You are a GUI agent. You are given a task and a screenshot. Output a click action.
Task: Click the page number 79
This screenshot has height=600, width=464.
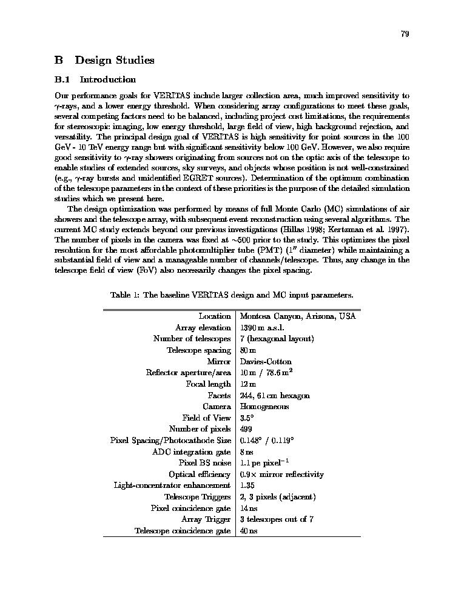click(405, 33)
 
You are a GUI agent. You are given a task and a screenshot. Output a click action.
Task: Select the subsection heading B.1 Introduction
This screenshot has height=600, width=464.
click(95, 79)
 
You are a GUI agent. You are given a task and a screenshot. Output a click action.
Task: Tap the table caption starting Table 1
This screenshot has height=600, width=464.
click(232, 295)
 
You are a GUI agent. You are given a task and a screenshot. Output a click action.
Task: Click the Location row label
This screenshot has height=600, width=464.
click(215, 316)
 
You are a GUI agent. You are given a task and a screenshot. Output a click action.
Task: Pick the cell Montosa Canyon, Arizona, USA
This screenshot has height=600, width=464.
click(298, 316)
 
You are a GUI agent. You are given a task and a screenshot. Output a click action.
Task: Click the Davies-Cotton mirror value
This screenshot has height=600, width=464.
click(266, 362)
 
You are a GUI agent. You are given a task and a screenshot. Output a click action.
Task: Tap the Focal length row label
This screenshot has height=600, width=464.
click(208, 384)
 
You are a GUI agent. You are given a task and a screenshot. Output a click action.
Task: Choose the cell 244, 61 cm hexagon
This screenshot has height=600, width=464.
click(275, 396)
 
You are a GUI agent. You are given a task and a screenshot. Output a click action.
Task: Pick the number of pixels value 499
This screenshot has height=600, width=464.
click(247, 429)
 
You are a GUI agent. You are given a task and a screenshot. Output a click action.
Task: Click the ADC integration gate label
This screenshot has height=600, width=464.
click(191, 452)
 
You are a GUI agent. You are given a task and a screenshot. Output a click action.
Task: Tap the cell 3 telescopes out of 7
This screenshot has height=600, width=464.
click(277, 519)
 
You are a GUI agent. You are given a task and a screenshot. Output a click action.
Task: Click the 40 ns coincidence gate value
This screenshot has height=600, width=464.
click(249, 531)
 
